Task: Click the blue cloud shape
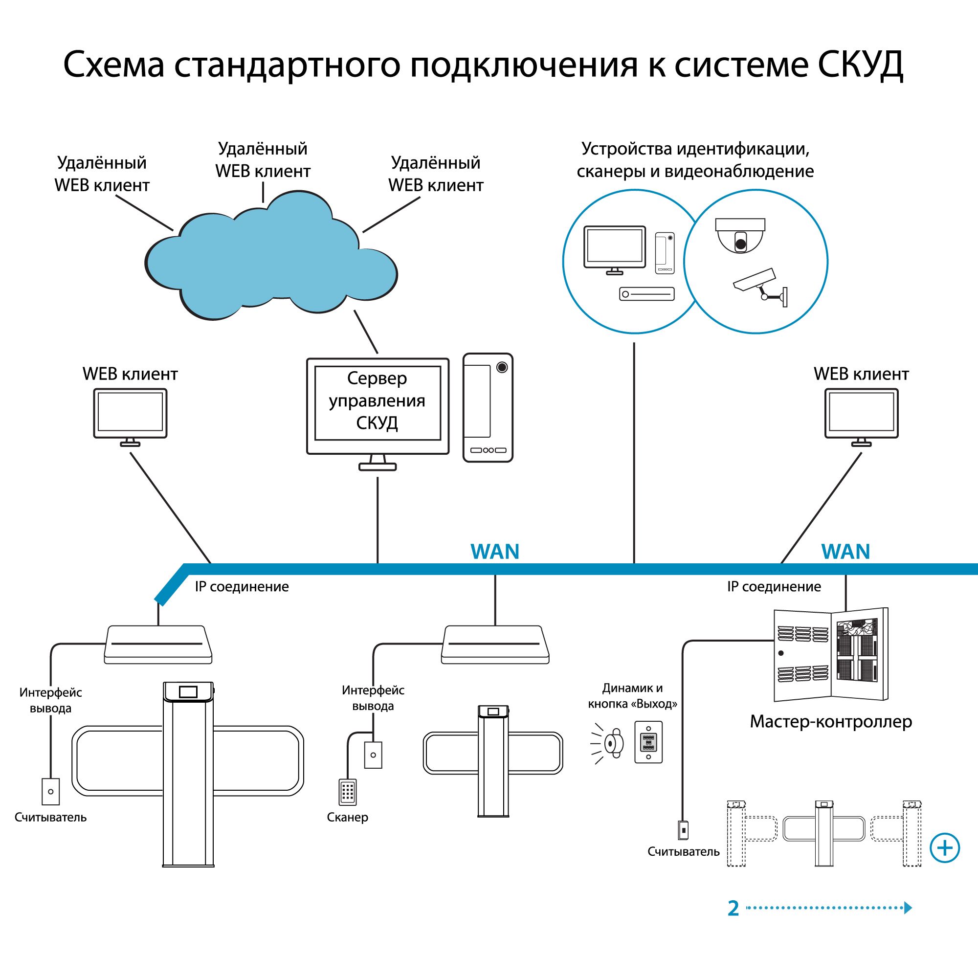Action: [271, 263]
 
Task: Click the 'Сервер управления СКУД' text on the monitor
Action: [377, 400]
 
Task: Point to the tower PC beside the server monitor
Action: [488, 407]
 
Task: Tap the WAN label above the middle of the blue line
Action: [494, 552]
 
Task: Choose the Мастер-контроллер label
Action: [831, 721]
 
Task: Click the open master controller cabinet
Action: [831, 655]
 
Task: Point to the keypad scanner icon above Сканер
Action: [347, 792]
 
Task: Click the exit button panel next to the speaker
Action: [648, 742]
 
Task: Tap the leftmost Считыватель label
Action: [51, 818]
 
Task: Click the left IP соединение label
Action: [242, 587]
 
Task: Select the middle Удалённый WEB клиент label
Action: [263, 160]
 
